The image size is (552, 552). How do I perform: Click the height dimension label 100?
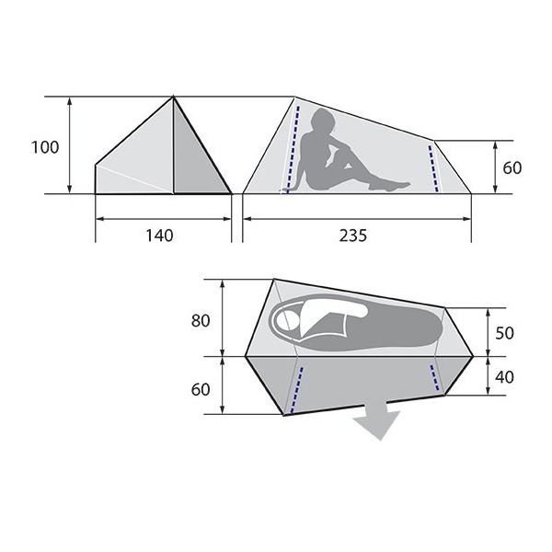[x=45, y=147]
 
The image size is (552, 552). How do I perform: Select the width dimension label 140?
[x=159, y=236]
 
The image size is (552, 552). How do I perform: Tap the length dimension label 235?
[x=352, y=236]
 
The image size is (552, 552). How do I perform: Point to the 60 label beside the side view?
[x=512, y=167]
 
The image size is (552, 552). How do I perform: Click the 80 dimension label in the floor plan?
[x=201, y=321]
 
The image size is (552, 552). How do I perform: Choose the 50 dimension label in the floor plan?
[x=504, y=333]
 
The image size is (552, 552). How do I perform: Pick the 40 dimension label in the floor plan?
[x=504, y=377]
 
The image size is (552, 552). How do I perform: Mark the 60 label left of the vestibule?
[x=201, y=389]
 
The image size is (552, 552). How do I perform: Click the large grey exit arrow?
[x=377, y=420]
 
